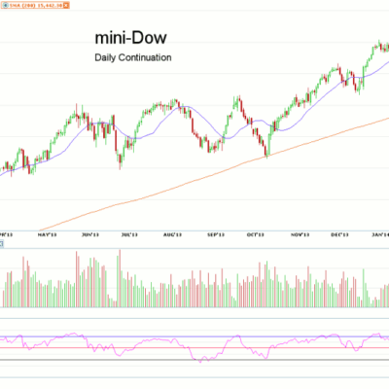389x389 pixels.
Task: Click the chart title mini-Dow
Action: [129, 38]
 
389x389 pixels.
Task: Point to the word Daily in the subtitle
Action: [106, 58]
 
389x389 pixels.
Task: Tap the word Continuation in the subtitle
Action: [145, 58]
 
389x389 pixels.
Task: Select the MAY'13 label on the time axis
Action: [47, 234]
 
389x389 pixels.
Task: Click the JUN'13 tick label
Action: [92, 234]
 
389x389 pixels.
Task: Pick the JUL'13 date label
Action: [129, 234]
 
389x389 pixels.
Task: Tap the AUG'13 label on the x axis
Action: [173, 234]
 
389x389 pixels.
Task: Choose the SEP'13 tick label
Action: [216, 234]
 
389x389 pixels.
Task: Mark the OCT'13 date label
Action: [257, 234]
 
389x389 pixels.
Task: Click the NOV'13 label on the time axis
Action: [299, 234]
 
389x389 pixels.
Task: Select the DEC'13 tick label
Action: [339, 234]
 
